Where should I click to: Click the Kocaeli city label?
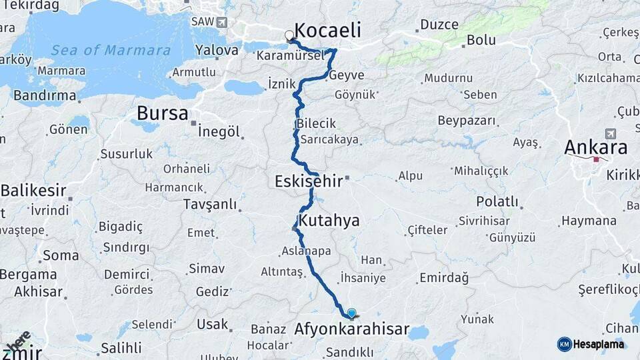click(327, 30)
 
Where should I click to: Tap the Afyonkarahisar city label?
click(351, 330)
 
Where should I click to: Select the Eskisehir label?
click(309, 181)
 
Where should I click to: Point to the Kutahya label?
click(329, 221)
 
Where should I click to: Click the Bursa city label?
click(162, 113)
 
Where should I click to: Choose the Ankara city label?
click(596, 147)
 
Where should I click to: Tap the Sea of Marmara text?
click(111, 50)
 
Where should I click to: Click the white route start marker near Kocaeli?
click(289, 35)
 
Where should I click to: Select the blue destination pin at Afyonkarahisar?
click(351, 313)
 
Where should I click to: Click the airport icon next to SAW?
click(222, 22)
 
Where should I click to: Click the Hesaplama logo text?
click(598, 344)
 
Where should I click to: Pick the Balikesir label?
click(33, 191)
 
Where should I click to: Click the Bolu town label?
click(481, 40)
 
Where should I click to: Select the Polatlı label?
click(497, 201)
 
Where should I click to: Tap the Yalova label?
click(217, 50)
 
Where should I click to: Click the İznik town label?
click(281, 83)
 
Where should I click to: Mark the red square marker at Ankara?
click(596, 159)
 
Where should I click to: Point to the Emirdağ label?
click(444, 277)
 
